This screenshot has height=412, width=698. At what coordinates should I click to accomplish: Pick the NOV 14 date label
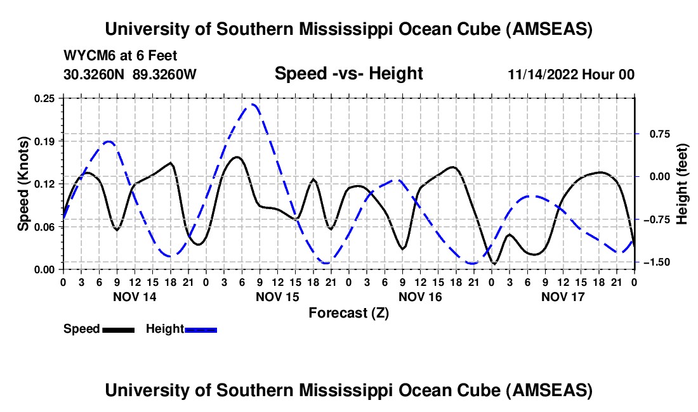(x=135, y=297)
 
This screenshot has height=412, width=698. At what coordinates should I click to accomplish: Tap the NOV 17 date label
(x=563, y=297)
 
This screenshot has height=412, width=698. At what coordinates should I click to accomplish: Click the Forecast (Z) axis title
(x=348, y=312)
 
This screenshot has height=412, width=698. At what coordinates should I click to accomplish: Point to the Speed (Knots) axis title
(x=23, y=183)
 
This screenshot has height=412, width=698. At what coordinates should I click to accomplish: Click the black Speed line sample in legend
(x=118, y=330)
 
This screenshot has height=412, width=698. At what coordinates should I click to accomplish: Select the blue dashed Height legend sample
(x=201, y=330)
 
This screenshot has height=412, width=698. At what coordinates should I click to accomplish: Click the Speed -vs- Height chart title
(x=348, y=74)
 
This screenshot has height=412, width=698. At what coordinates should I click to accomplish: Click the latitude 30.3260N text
(x=95, y=74)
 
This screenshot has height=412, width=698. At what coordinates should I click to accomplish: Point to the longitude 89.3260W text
(x=164, y=74)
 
